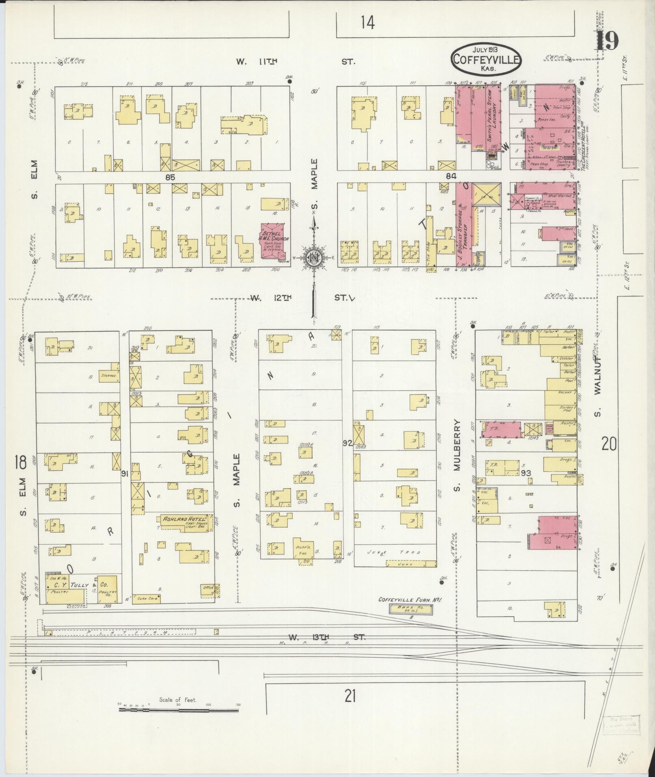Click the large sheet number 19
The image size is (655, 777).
point(608,40)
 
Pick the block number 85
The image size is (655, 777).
point(170,177)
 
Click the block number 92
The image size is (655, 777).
point(347,444)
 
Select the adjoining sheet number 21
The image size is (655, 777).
point(350,697)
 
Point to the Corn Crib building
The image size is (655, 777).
point(148,598)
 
